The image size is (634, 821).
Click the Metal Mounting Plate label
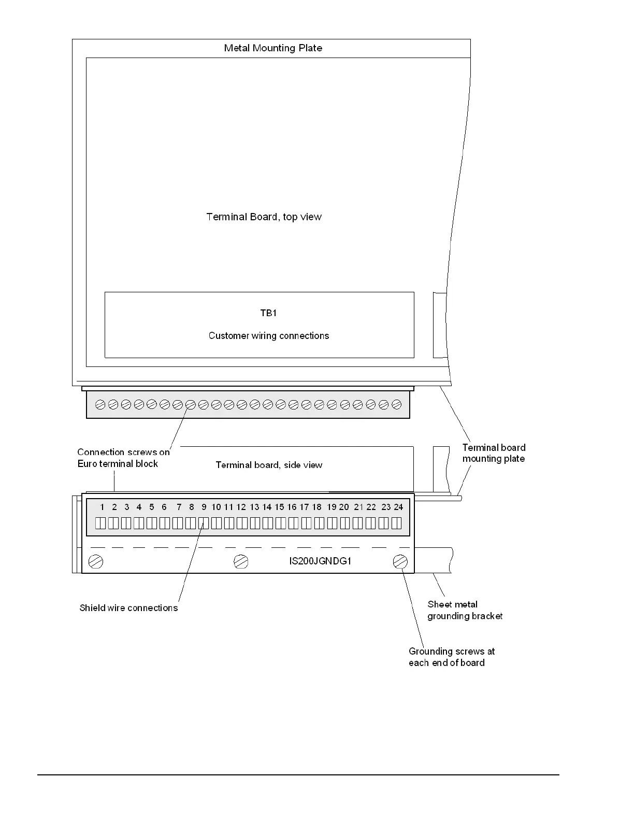273,48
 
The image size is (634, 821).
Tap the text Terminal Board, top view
264,217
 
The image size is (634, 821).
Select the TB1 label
268,313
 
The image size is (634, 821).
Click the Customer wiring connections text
268,336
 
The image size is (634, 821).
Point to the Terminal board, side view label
269,465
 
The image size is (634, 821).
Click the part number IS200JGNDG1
320,561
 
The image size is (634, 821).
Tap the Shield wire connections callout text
128,608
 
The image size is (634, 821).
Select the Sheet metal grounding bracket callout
465,610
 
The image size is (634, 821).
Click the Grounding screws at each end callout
451,657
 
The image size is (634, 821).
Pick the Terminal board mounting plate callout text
493,453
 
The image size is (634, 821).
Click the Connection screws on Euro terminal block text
123,458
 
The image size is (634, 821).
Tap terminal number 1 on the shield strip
102,507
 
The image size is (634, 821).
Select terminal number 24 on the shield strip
398,507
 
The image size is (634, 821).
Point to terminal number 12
241,507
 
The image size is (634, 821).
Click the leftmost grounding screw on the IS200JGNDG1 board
96,561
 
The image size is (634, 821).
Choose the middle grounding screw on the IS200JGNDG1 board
241,561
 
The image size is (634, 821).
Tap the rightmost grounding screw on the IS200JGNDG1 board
400,561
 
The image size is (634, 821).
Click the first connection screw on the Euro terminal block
100,404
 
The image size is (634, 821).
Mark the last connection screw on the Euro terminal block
397,404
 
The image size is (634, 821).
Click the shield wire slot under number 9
204,523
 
